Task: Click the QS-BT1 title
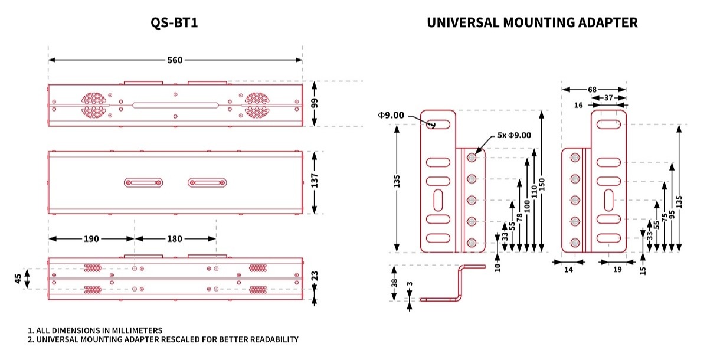[175, 23]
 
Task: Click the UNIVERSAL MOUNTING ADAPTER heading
[532, 23]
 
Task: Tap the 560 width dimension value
[175, 60]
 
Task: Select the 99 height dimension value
[315, 103]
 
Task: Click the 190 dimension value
[91, 239]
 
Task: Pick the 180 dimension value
[175, 239]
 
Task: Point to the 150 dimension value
[542, 185]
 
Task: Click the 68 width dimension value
[593, 90]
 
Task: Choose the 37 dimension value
[608, 97]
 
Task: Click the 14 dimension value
[568, 270]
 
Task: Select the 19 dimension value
[617, 270]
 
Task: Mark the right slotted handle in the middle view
[208, 183]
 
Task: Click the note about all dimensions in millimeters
[95, 330]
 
